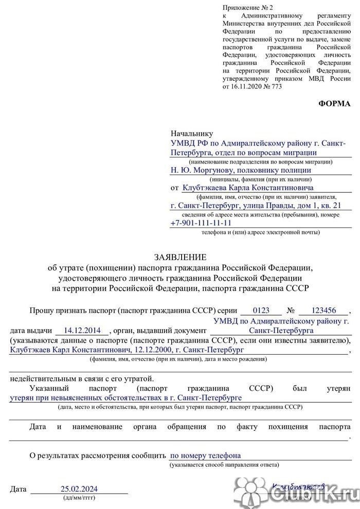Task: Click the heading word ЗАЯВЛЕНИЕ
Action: tap(179, 257)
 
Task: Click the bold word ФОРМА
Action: tap(335, 103)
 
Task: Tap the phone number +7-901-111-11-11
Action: tap(201, 223)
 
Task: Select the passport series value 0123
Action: tap(261, 311)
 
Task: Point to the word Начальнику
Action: tap(191, 133)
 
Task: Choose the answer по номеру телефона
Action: tap(205, 455)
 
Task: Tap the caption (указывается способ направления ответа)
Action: tap(225, 465)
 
